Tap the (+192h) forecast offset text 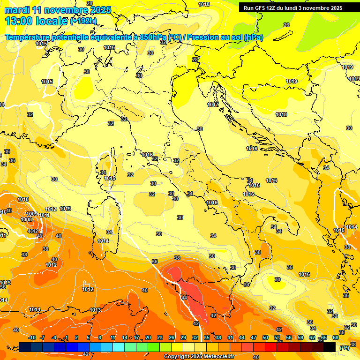click(x=83, y=21)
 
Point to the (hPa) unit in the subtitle click(x=254, y=37)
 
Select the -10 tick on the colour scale click(x=32, y=337)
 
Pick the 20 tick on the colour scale click(x=148, y=337)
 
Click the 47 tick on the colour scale click(x=254, y=337)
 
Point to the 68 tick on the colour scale click(x=336, y=337)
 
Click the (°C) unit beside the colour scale click(x=344, y=347)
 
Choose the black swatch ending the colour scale click(x=330, y=347)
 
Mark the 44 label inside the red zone click(x=184, y=298)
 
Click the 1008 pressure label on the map click(x=26, y=219)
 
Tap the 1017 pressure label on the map click(x=213, y=105)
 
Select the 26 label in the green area click(x=286, y=25)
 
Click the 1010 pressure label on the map click(x=23, y=199)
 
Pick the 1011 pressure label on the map click(x=45, y=215)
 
